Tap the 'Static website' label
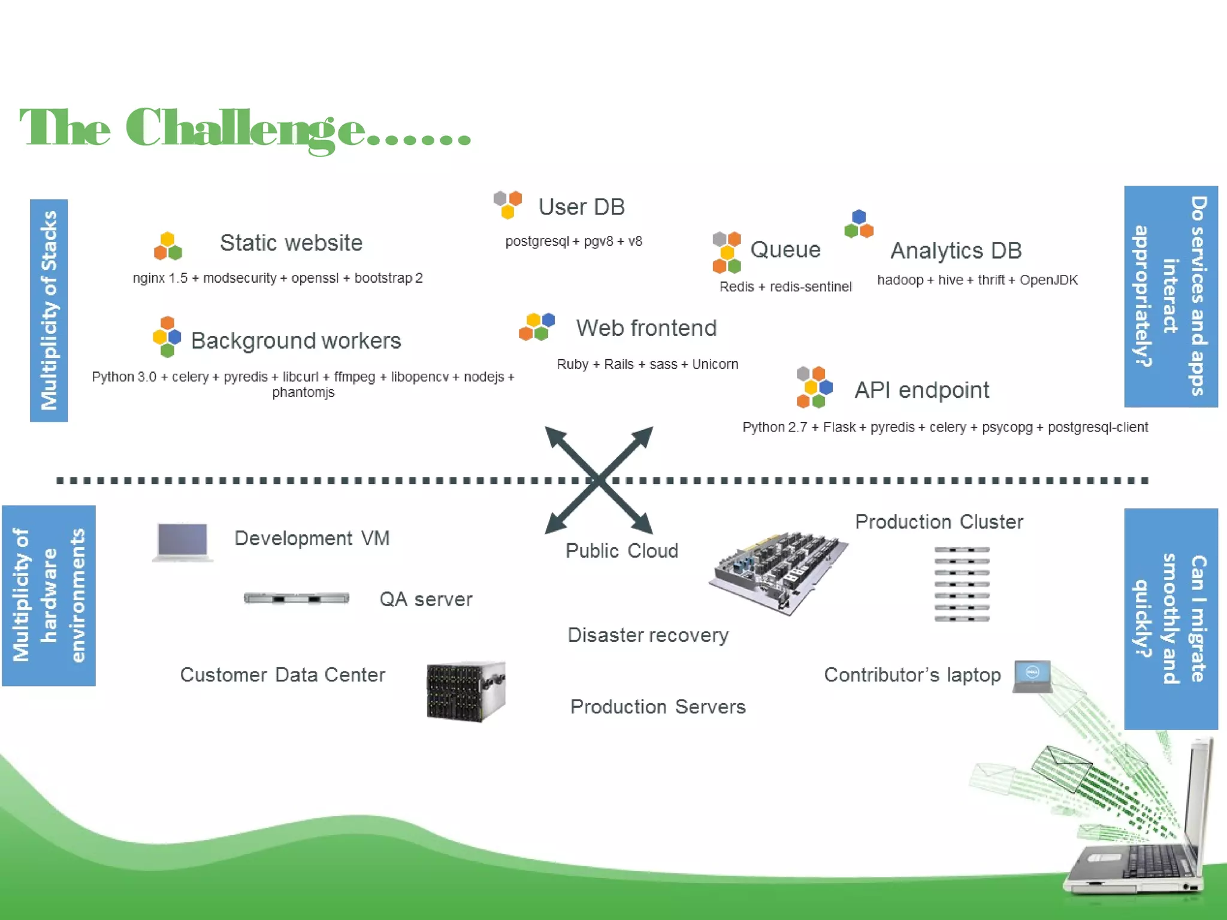[291, 243]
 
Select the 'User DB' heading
[581, 207]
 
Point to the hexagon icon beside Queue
[727, 252]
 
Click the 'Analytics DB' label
[956, 251]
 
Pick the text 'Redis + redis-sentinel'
[785, 287]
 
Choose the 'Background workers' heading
[296, 341]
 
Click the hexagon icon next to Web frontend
[537, 326]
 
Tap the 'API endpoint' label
[921, 391]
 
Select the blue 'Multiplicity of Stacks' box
[49, 310]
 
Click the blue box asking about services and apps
[1171, 296]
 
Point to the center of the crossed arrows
[599, 480]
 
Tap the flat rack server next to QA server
[296, 598]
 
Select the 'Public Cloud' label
[621, 551]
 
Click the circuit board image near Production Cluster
[778, 572]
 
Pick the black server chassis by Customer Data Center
[466, 692]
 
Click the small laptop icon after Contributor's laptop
[1032, 676]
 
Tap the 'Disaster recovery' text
[648, 635]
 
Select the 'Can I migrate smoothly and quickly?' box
[1171, 619]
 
